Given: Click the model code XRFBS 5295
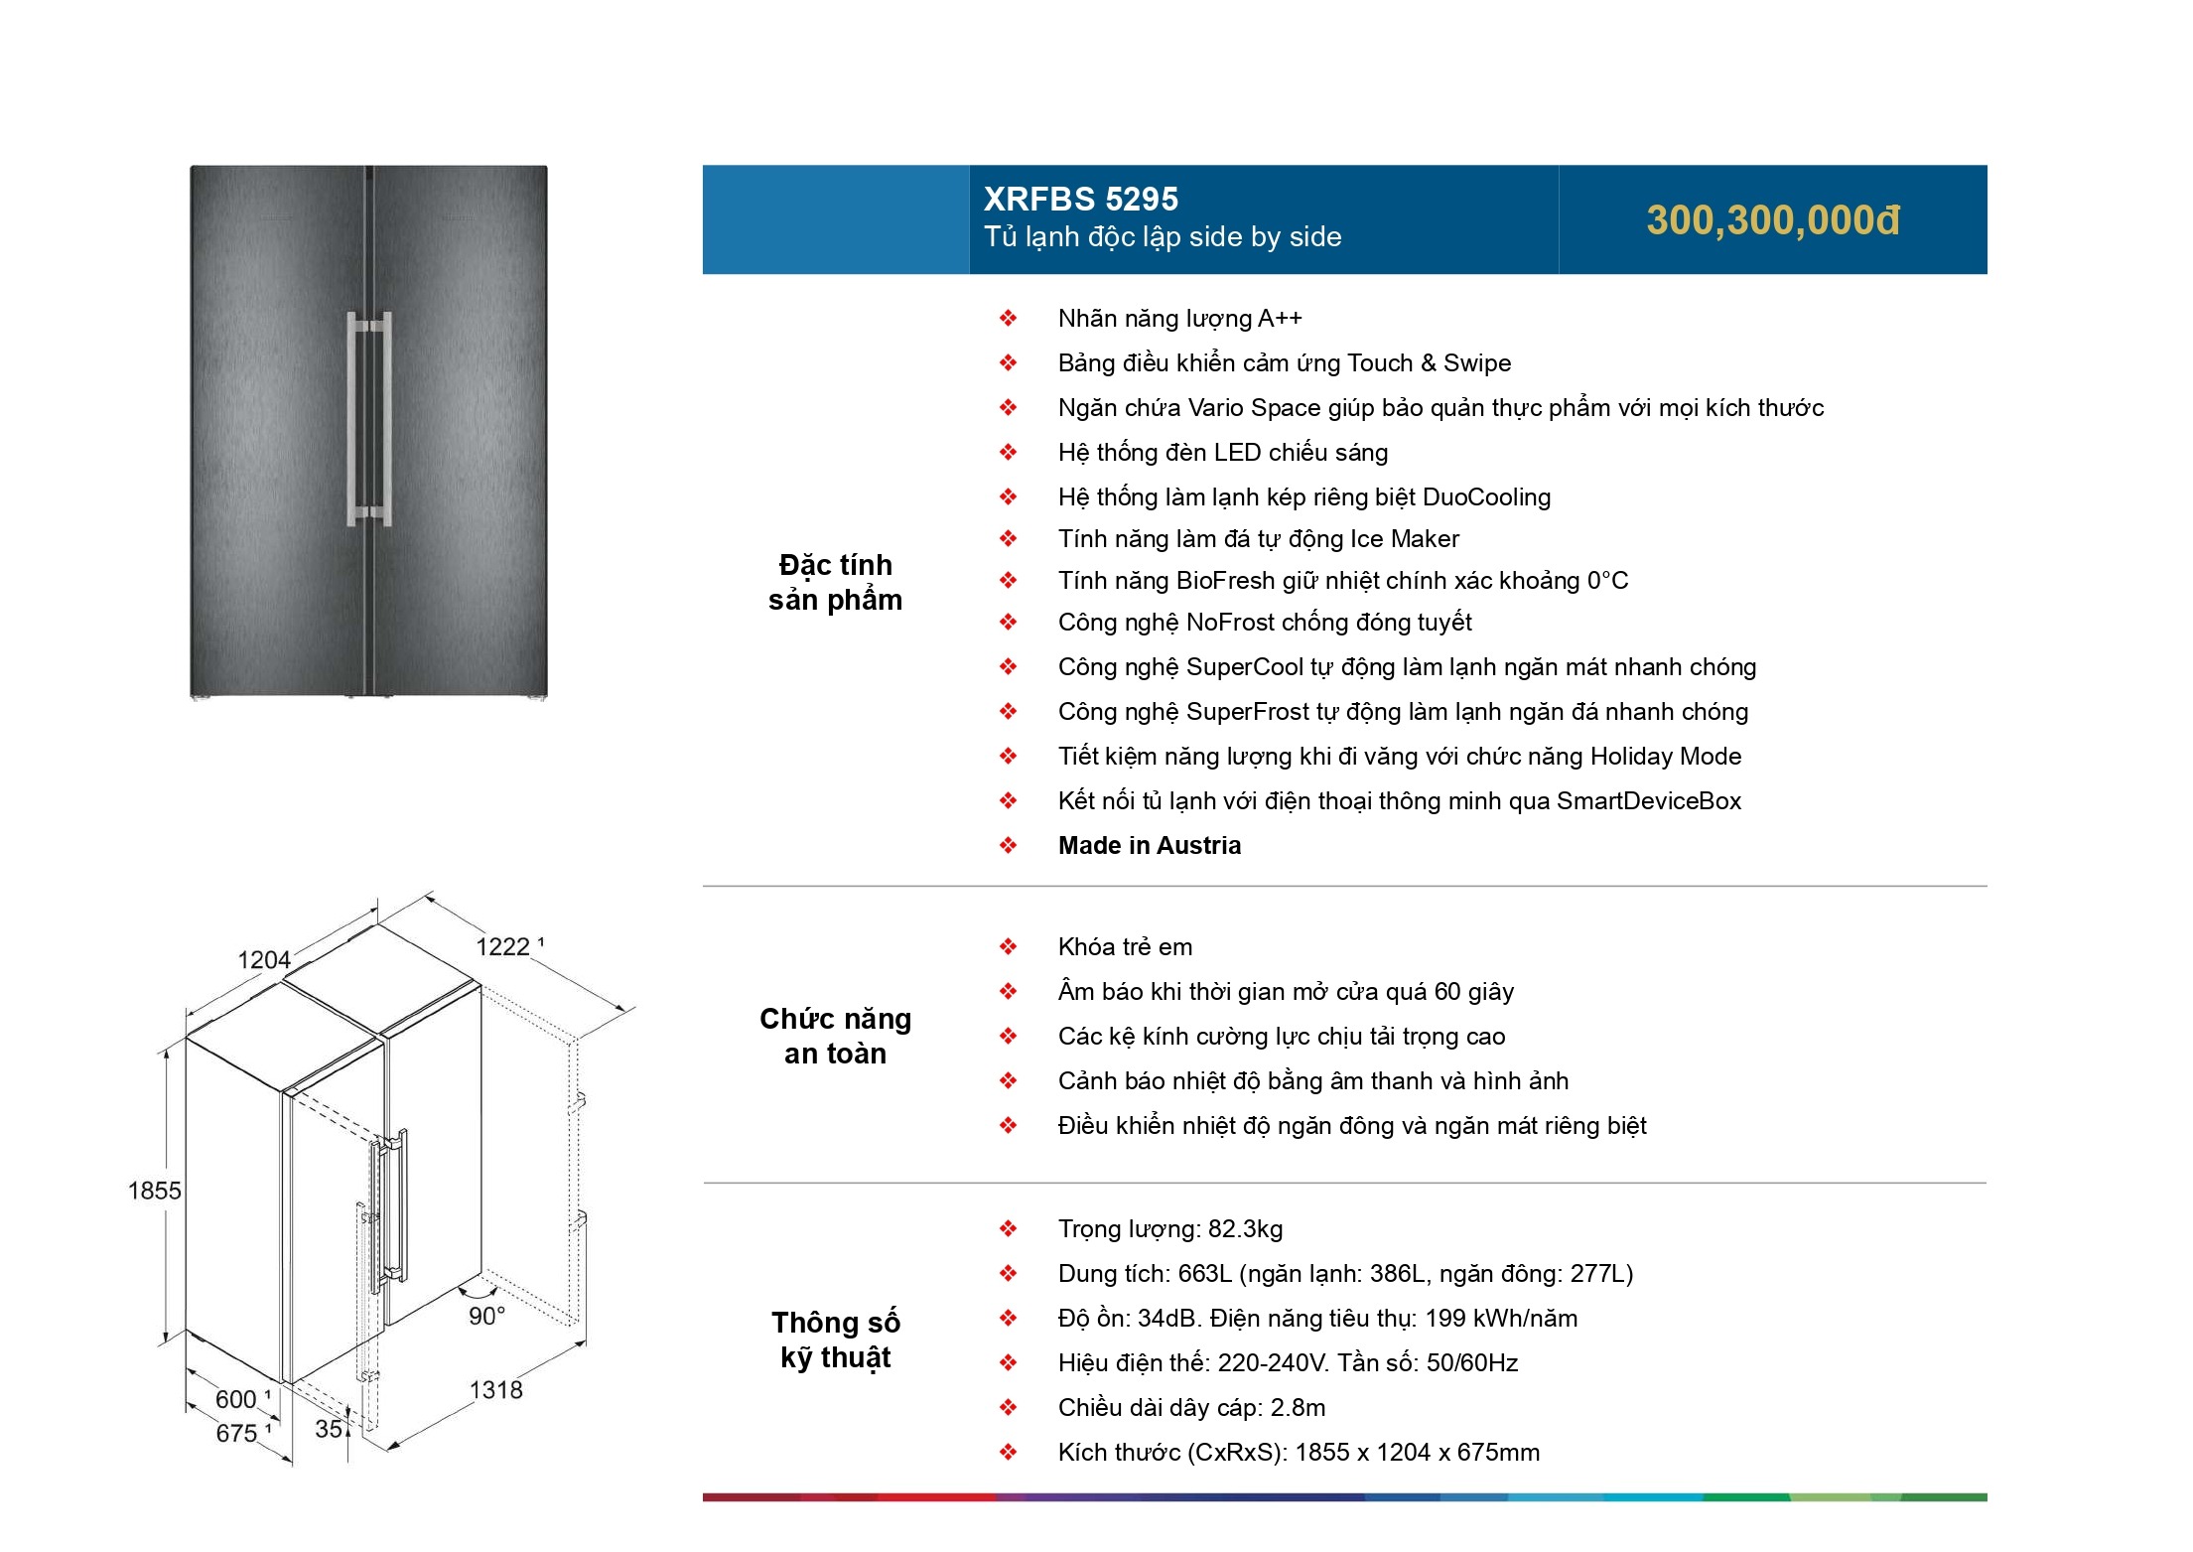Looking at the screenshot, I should [x=1080, y=200].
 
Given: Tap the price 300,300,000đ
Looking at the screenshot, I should [x=1772, y=220].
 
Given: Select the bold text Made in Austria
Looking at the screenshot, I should [x=1149, y=845].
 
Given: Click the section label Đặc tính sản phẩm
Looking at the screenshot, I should [x=835, y=582].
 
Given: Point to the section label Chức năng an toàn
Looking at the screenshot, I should [x=835, y=1036].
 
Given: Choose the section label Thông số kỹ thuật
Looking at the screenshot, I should [x=835, y=1340].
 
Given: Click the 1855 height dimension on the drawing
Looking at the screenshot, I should [x=154, y=1190].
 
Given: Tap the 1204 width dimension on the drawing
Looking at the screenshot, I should [x=264, y=959].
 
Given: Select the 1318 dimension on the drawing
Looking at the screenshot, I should [x=495, y=1389].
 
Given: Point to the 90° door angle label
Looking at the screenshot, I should [x=486, y=1316].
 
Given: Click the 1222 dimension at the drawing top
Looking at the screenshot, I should [x=504, y=946].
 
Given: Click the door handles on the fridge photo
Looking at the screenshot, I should [x=369, y=419].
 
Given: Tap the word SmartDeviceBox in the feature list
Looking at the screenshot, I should [x=1648, y=801].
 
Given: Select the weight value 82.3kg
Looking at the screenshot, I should [x=1245, y=1229].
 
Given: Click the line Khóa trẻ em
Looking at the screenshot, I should [x=1125, y=947].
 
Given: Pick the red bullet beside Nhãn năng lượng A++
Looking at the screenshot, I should [x=1008, y=319].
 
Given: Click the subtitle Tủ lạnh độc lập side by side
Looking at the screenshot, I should [x=1163, y=237].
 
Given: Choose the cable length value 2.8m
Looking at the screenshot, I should [x=1298, y=1408].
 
